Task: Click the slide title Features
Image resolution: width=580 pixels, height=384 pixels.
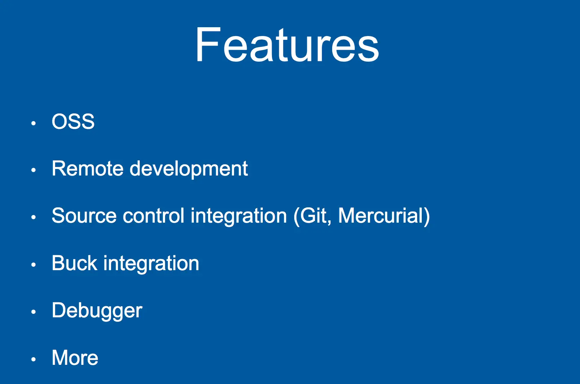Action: click(x=287, y=44)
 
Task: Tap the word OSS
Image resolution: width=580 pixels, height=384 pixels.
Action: click(x=73, y=121)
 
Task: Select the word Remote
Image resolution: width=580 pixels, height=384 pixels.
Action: click(x=87, y=168)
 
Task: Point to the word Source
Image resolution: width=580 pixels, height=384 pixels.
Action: click(x=84, y=216)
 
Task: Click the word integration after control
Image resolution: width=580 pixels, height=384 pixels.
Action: click(x=239, y=217)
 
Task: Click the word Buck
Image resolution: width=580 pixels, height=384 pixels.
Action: click(x=75, y=263)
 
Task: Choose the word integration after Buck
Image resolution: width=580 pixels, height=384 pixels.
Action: click(x=151, y=264)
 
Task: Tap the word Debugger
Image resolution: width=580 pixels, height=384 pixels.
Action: click(x=97, y=312)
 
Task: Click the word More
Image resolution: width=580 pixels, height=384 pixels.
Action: click(x=75, y=358)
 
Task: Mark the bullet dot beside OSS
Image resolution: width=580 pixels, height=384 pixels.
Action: click(x=33, y=123)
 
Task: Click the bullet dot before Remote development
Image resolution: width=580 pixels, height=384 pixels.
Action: click(x=33, y=170)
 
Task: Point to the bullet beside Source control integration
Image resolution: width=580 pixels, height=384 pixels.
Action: click(x=33, y=217)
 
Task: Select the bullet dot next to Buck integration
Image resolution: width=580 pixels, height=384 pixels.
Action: click(x=33, y=264)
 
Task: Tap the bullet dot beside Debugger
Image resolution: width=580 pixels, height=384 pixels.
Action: click(x=33, y=312)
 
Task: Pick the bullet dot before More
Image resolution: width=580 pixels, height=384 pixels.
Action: click(x=33, y=359)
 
